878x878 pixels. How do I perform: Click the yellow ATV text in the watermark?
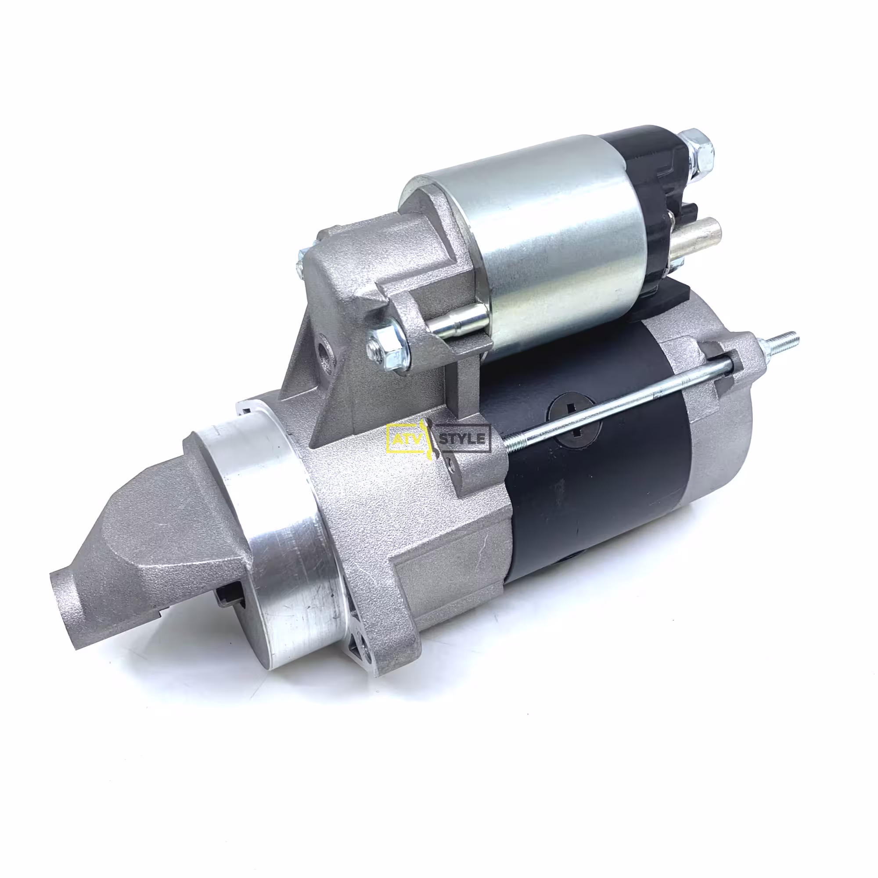point(405,439)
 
